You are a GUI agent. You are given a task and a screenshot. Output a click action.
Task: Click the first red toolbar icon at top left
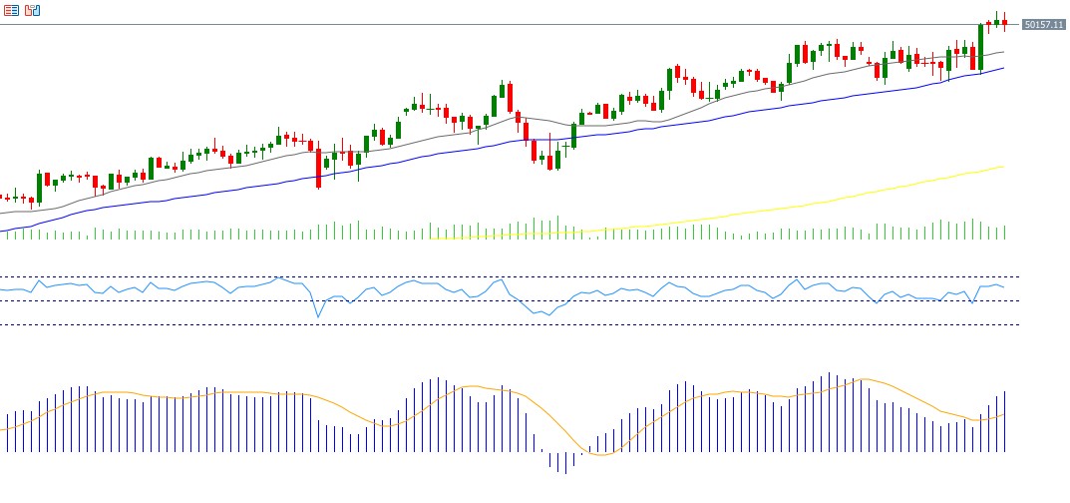click(x=11, y=10)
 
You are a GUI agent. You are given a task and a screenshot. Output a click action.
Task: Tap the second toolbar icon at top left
click(x=33, y=10)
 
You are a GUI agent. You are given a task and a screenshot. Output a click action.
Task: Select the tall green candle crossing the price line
click(x=981, y=47)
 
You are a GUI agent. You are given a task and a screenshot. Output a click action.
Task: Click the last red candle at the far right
click(x=1004, y=22)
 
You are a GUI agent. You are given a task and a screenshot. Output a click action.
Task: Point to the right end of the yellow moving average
click(x=1003, y=167)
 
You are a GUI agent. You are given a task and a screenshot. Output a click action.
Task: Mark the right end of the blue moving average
click(x=1003, y=68)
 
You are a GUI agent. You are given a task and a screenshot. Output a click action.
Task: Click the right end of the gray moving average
click(x=1003, y=51)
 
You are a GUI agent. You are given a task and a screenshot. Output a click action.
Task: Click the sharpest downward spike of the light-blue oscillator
click(x=318, y=317)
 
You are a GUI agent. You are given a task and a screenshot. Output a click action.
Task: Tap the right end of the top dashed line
click(x=1018, y=276)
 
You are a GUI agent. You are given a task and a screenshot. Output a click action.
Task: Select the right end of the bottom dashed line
click(x=1018, y=324)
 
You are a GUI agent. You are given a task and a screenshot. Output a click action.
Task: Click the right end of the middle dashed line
click(x=1018, y=300)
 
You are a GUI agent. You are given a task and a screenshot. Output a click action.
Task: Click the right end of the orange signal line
click(x=1004, y=413)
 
